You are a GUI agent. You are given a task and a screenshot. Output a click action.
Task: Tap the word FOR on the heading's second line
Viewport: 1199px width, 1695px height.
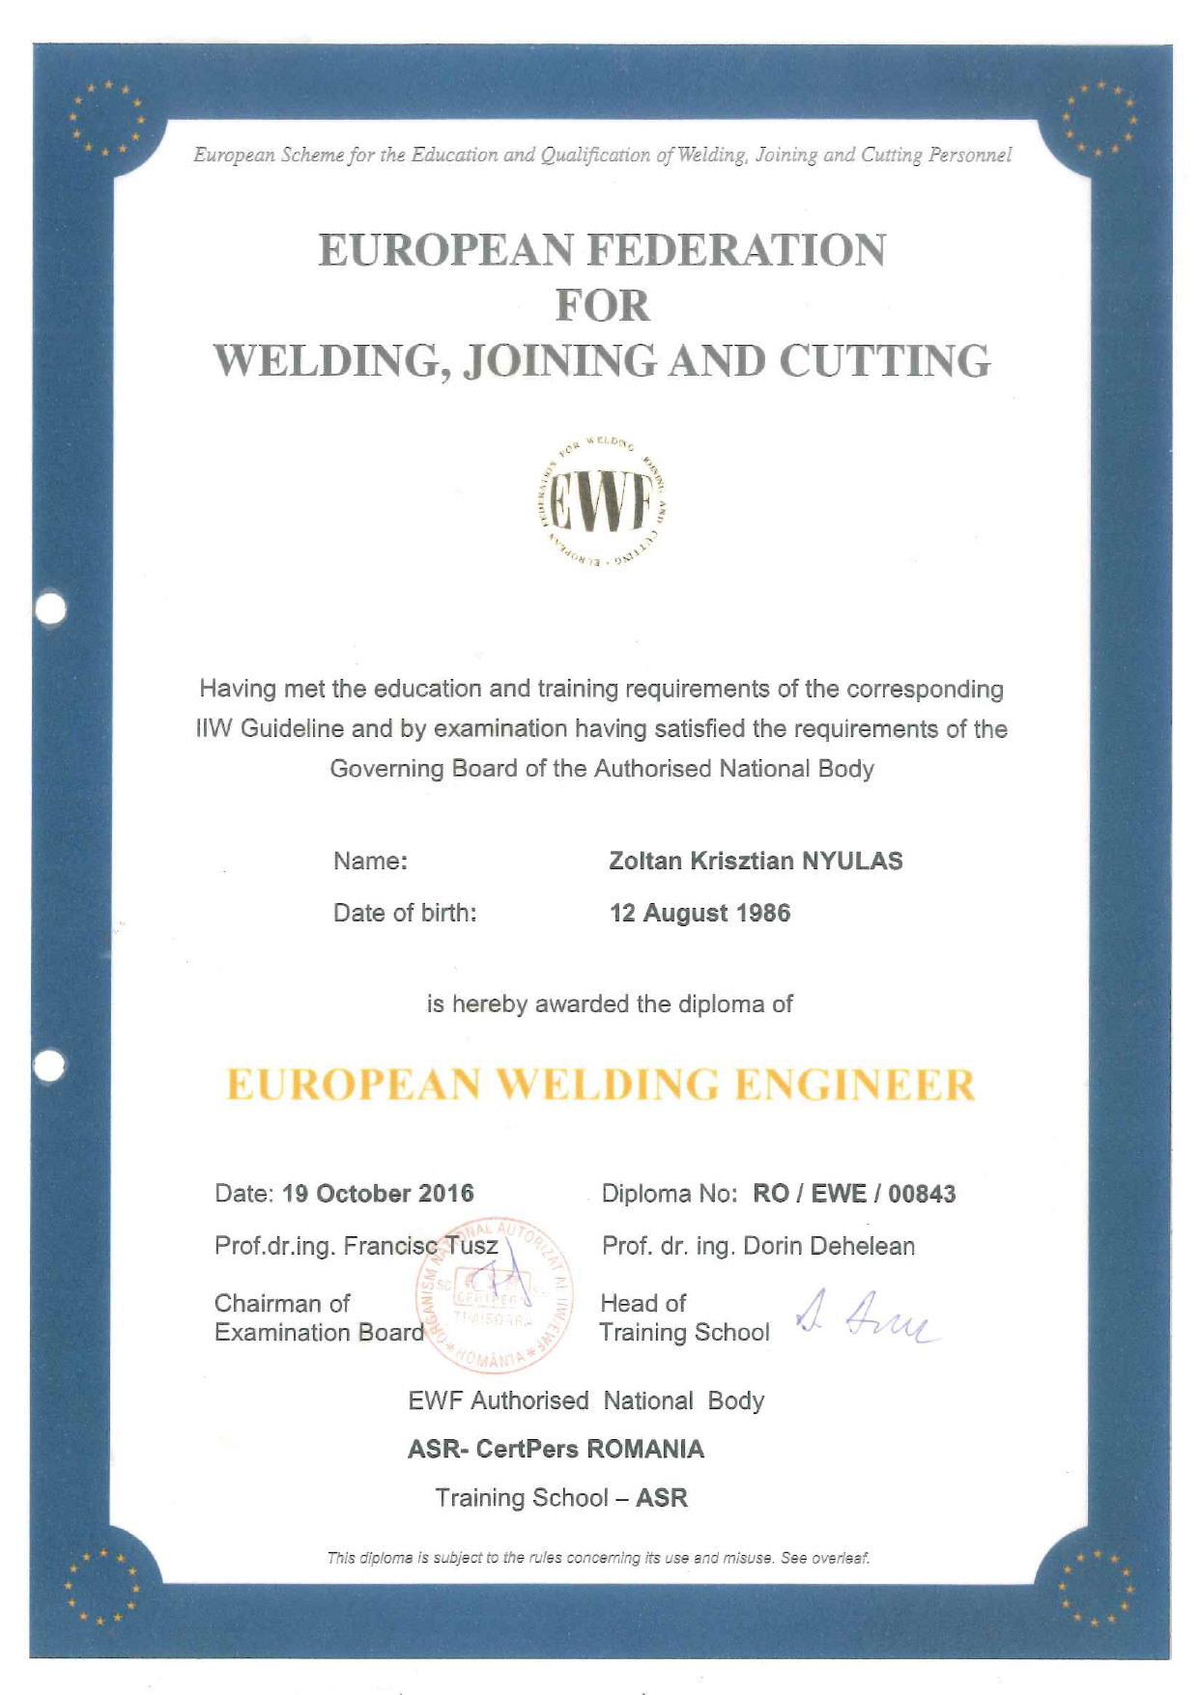(603, 306)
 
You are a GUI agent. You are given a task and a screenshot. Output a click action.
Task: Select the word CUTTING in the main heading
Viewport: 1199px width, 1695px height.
(885, 361)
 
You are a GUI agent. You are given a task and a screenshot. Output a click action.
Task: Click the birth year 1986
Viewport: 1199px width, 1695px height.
(764, 914)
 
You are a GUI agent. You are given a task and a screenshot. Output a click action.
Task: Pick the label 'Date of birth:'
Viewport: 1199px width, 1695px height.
(405, 914)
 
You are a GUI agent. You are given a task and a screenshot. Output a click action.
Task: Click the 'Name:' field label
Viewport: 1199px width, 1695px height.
(370, 862)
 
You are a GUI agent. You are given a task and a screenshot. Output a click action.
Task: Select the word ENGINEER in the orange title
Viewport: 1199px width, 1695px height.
(855, 1085)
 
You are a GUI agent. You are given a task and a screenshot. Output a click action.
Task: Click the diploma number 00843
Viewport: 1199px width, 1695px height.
(922, 1195)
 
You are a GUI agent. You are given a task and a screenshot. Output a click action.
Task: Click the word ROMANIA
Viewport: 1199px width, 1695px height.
(646, 1450)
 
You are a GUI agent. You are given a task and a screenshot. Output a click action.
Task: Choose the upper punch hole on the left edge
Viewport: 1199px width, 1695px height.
(49, 608)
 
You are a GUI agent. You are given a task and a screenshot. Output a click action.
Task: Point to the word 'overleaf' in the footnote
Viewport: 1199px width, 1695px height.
(840, 1558)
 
